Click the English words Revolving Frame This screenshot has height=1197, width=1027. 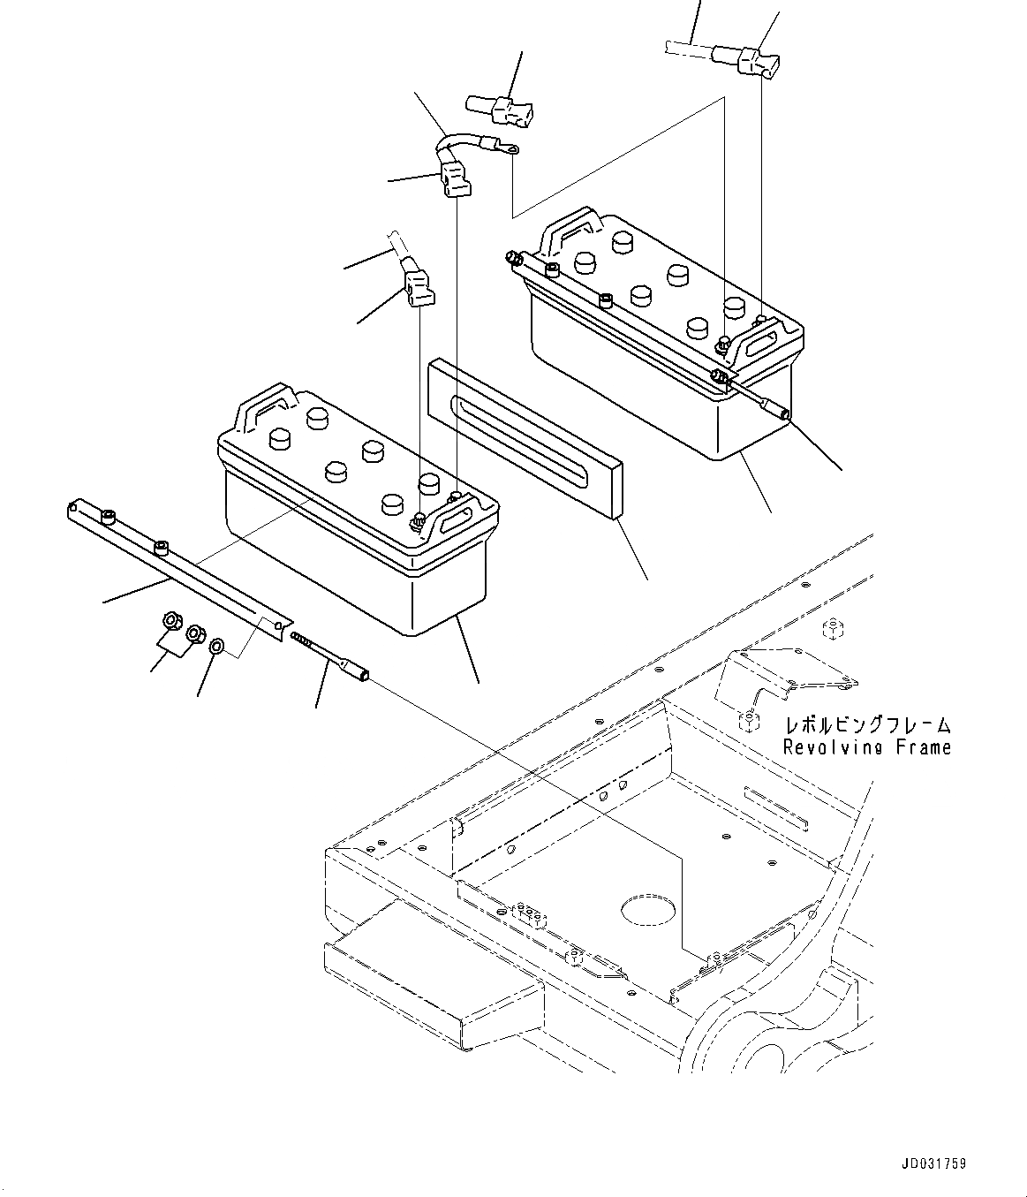coord(867,747)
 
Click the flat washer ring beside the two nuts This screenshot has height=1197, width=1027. coord(216,648)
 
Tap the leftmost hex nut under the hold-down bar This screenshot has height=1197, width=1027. coord(172,622)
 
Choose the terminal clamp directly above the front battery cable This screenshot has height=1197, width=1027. coord(415,287)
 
